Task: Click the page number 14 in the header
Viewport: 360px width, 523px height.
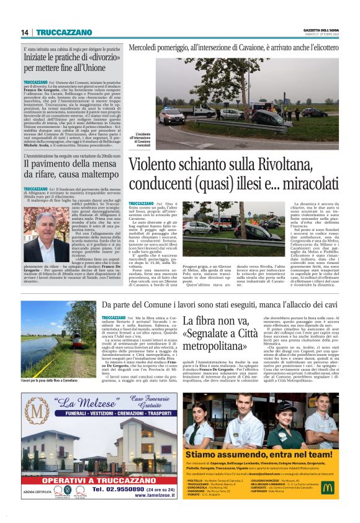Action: click(25, 32)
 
